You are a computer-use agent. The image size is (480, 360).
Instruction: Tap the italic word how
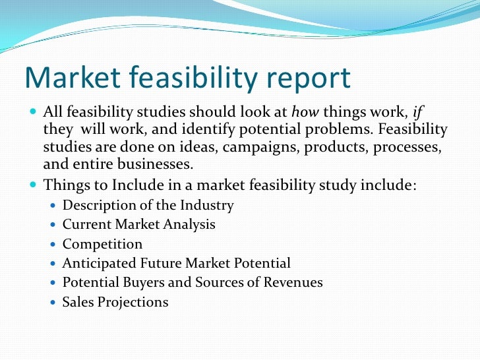[x=303, y=111]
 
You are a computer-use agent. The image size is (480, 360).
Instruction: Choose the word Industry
[x=208, y=206]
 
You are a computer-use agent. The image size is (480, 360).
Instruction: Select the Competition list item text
[x=102, y=245]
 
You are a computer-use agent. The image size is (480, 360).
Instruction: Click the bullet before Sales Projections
[x=53, y=303]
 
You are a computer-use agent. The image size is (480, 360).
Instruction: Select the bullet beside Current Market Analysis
[x=53, y=225]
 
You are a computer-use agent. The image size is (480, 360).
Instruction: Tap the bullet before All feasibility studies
[x=34, y=111]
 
